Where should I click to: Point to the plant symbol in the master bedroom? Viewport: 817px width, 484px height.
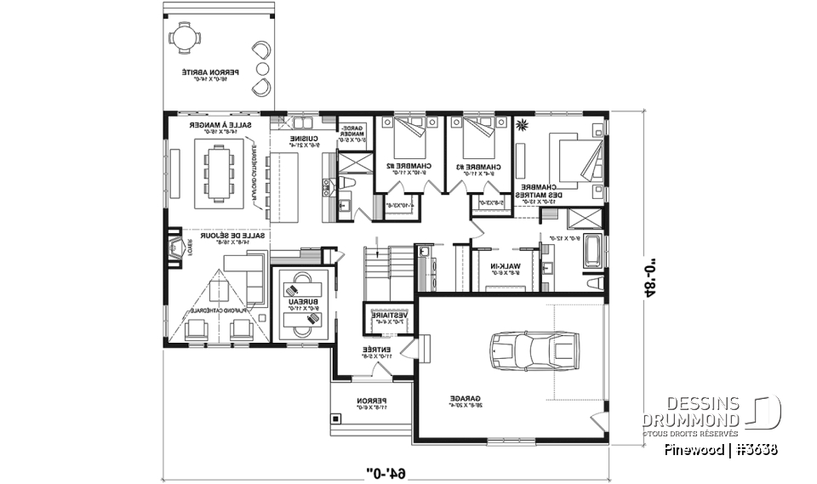521,126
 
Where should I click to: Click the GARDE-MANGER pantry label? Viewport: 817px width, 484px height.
354,133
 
